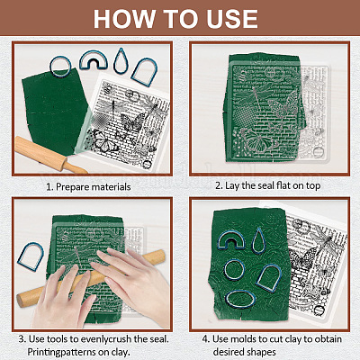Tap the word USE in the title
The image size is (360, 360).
click(x=230, y=19)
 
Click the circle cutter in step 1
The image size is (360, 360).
click(x=51, y=67)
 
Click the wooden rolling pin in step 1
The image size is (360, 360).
click(x=48, y=156)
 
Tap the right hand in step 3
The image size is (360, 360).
click(x=135, y=279)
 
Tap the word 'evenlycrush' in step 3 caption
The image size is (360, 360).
click(x=106, y=339)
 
